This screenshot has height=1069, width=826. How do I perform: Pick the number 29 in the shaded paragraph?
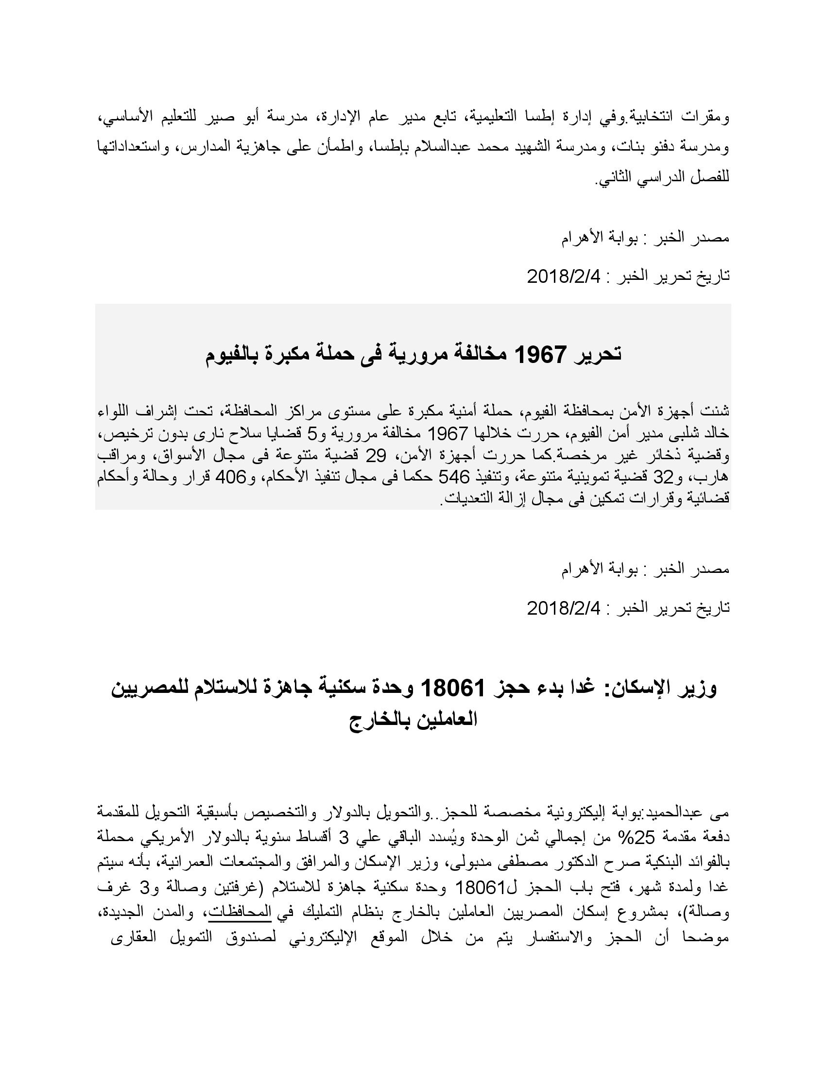376,456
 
